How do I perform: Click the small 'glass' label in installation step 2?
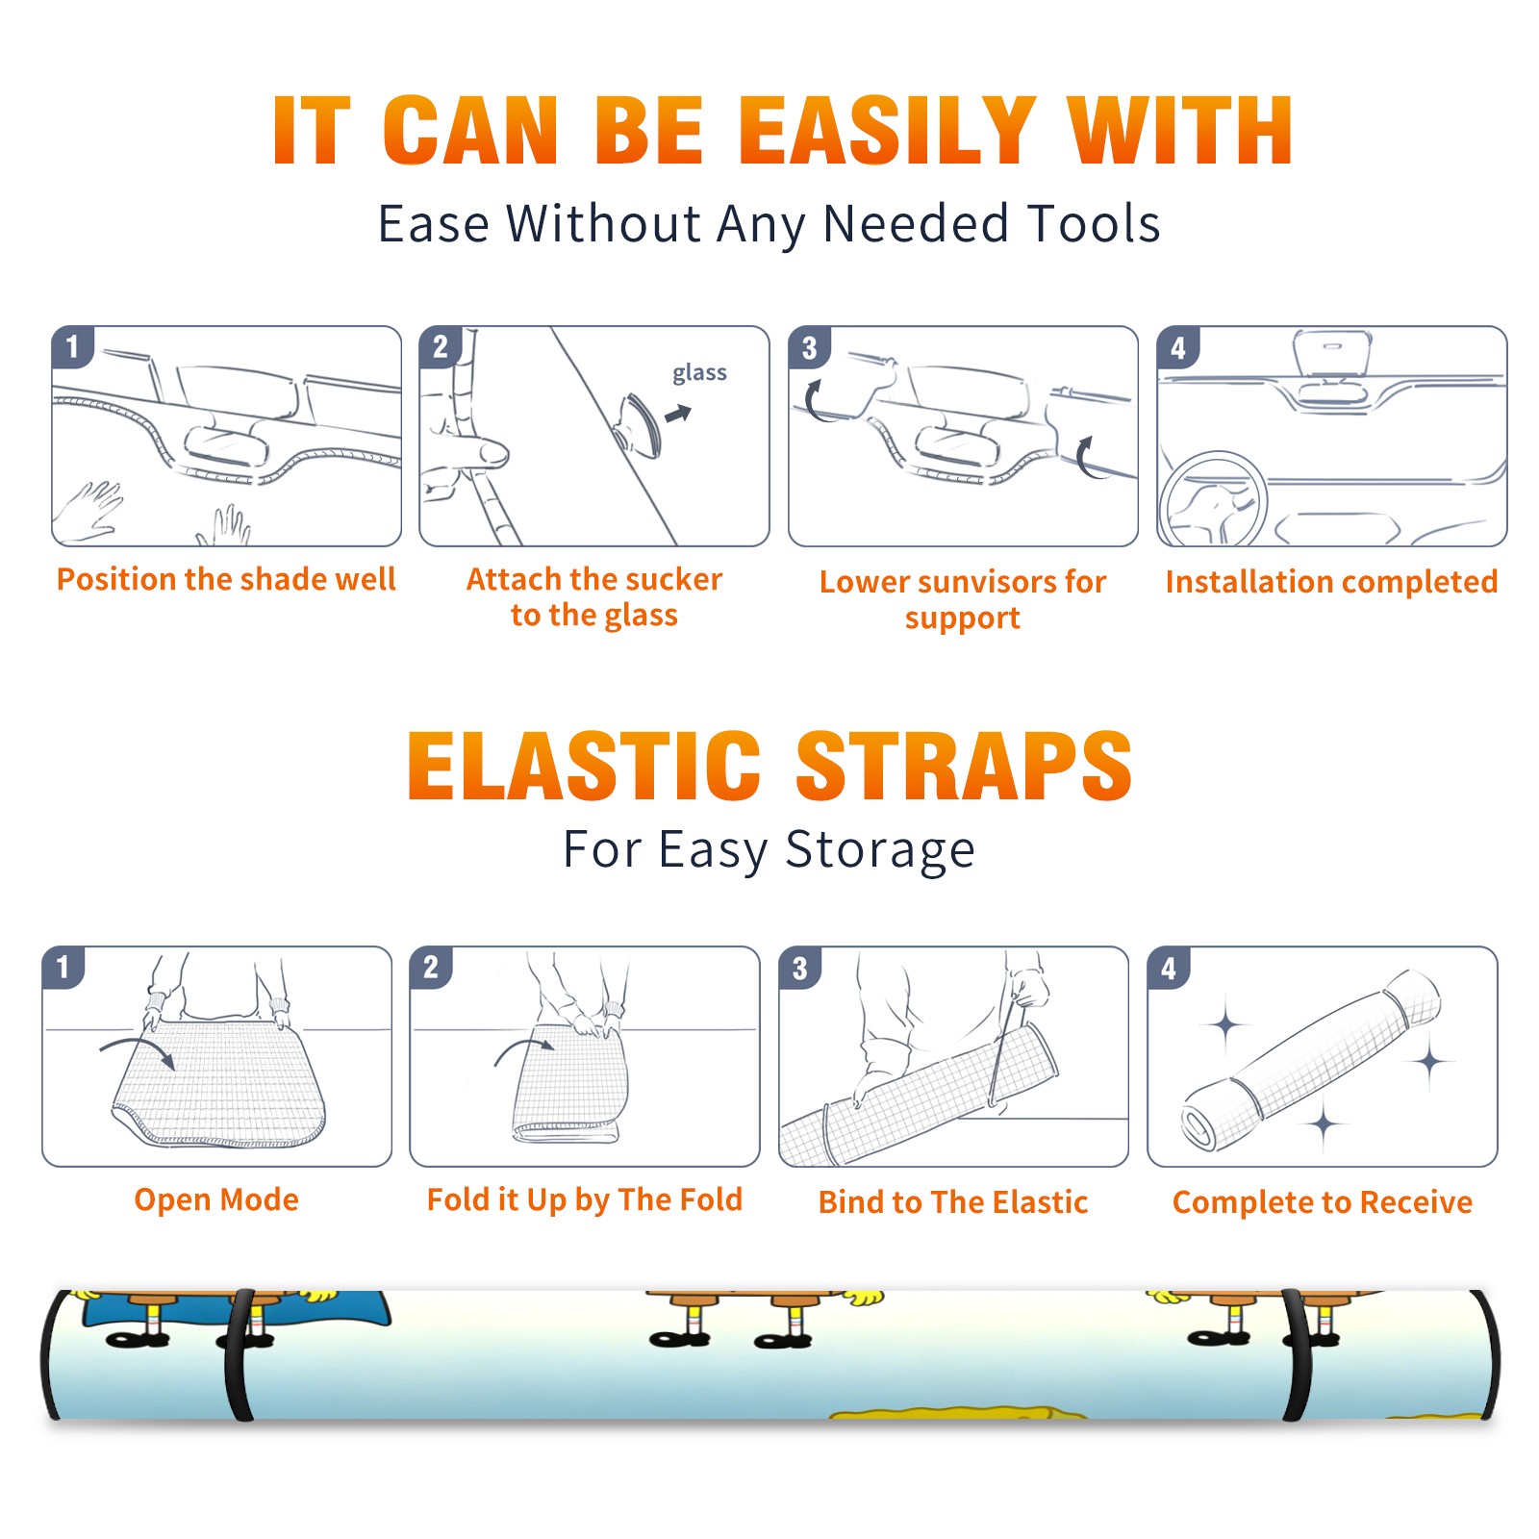coord(699,372)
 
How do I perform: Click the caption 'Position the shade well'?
coord(226,579)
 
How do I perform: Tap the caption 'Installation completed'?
coord(1331,581)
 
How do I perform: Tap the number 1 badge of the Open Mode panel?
coord(63,967)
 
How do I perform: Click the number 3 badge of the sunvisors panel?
coord(809,347)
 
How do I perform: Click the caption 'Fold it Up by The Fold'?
coord(584,1199)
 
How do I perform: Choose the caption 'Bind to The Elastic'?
coord(952,1201)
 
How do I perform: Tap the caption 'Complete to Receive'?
coord(1323,1201)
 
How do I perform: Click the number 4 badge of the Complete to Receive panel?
coord(1169,968)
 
